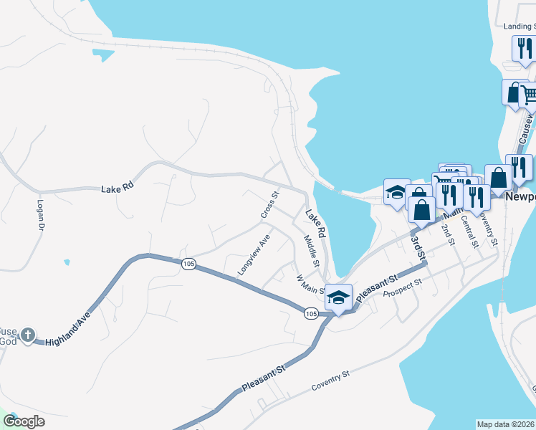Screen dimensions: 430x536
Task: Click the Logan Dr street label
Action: tap(40, 214)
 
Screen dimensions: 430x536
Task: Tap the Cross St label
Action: tap(269, 205)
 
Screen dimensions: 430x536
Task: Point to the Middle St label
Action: tap(311, 252)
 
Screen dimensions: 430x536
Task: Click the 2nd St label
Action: tap(447, 234)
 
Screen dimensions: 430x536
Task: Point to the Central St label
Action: tap(470, 231)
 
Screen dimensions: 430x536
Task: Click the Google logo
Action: tap(24, 421)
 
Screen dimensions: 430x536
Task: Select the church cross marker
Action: tap(28, 335)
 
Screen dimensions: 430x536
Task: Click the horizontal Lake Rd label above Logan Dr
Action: tap(118, 188)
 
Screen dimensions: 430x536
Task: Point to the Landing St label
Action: tap(520, 27)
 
